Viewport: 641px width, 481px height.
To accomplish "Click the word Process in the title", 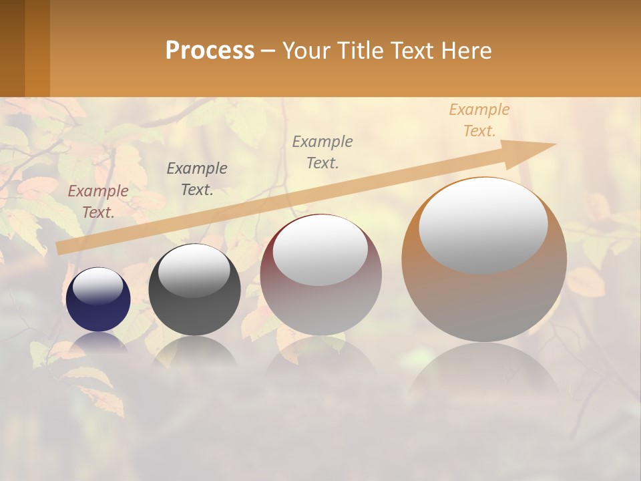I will [x=210, y=51].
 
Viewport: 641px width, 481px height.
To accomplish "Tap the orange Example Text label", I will [x=479, y=120].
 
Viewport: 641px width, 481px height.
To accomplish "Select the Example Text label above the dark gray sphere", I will [x=196, y=178].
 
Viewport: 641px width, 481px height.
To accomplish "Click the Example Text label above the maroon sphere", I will [x=323, y=152].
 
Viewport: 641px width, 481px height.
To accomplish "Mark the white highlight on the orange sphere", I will [x=483, y=225].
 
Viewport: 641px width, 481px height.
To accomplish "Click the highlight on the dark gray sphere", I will [x=194, y=271].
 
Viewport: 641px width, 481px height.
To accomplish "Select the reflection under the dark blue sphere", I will [x=98, y=343].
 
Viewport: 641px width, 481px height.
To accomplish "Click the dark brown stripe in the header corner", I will [x=12, y=48].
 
